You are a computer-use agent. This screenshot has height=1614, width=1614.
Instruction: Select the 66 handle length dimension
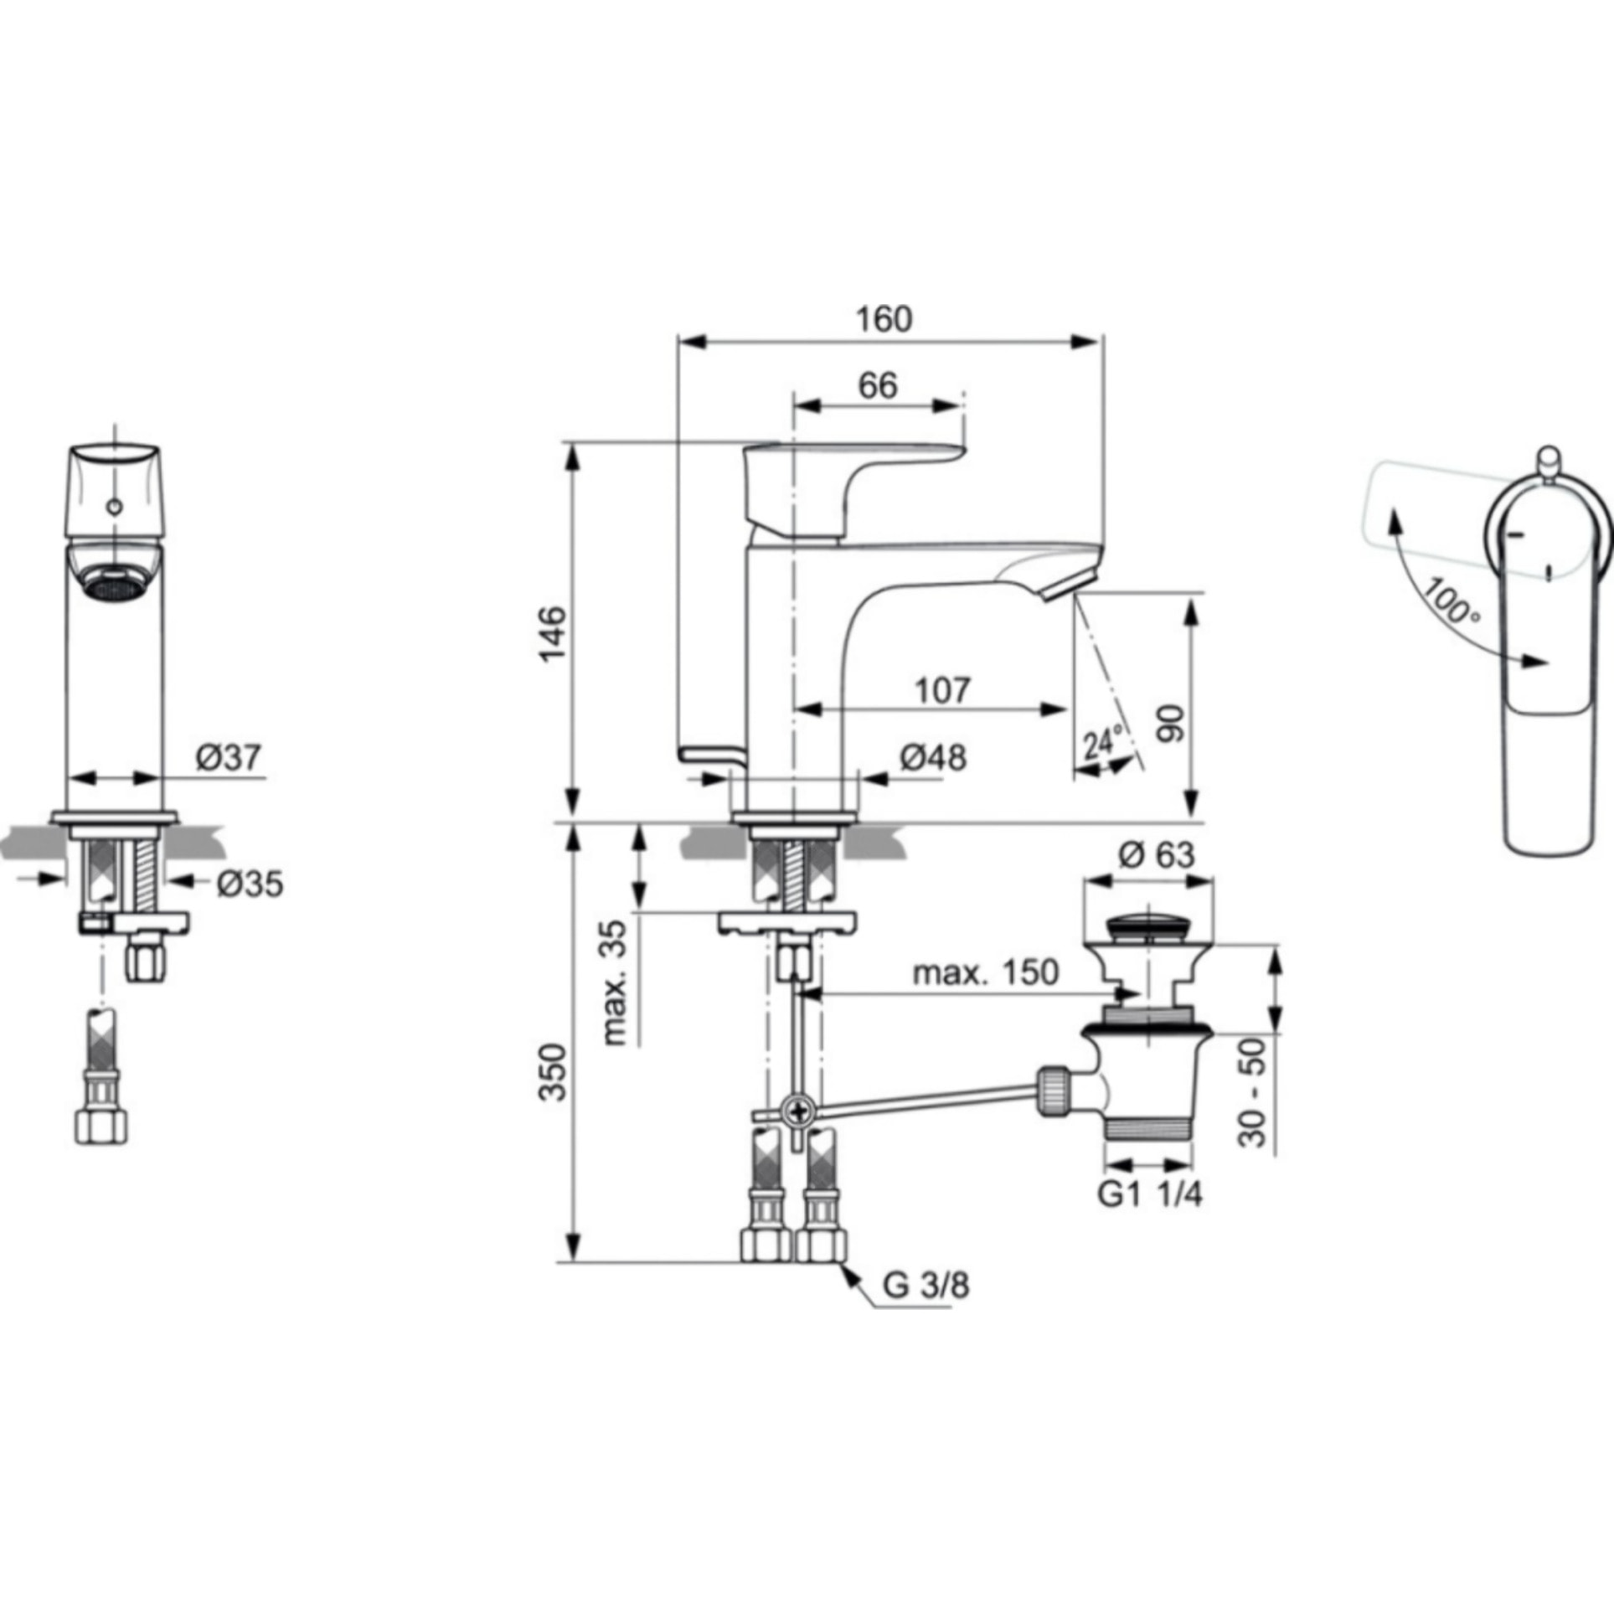click(x=878, y=385)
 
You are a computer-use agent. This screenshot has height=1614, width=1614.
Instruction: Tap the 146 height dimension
click(x=553, y=634)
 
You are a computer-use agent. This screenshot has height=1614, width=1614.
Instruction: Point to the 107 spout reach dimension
click(x=941, y=689)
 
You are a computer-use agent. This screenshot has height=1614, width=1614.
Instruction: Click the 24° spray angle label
click(x=1102, y=742)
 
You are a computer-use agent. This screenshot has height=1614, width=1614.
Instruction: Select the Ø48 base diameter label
click(x=932, y=758)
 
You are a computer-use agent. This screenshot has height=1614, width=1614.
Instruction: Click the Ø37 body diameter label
click(x=229, y=758)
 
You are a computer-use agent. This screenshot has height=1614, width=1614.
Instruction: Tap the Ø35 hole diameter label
click(x=250, y=883)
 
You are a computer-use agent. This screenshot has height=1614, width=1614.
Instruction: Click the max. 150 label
click(x=985, y=972)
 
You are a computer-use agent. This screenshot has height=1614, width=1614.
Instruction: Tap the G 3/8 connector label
click(x=926, y=1308)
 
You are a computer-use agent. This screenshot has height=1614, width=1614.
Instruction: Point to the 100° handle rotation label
click(x=1452, y=601)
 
